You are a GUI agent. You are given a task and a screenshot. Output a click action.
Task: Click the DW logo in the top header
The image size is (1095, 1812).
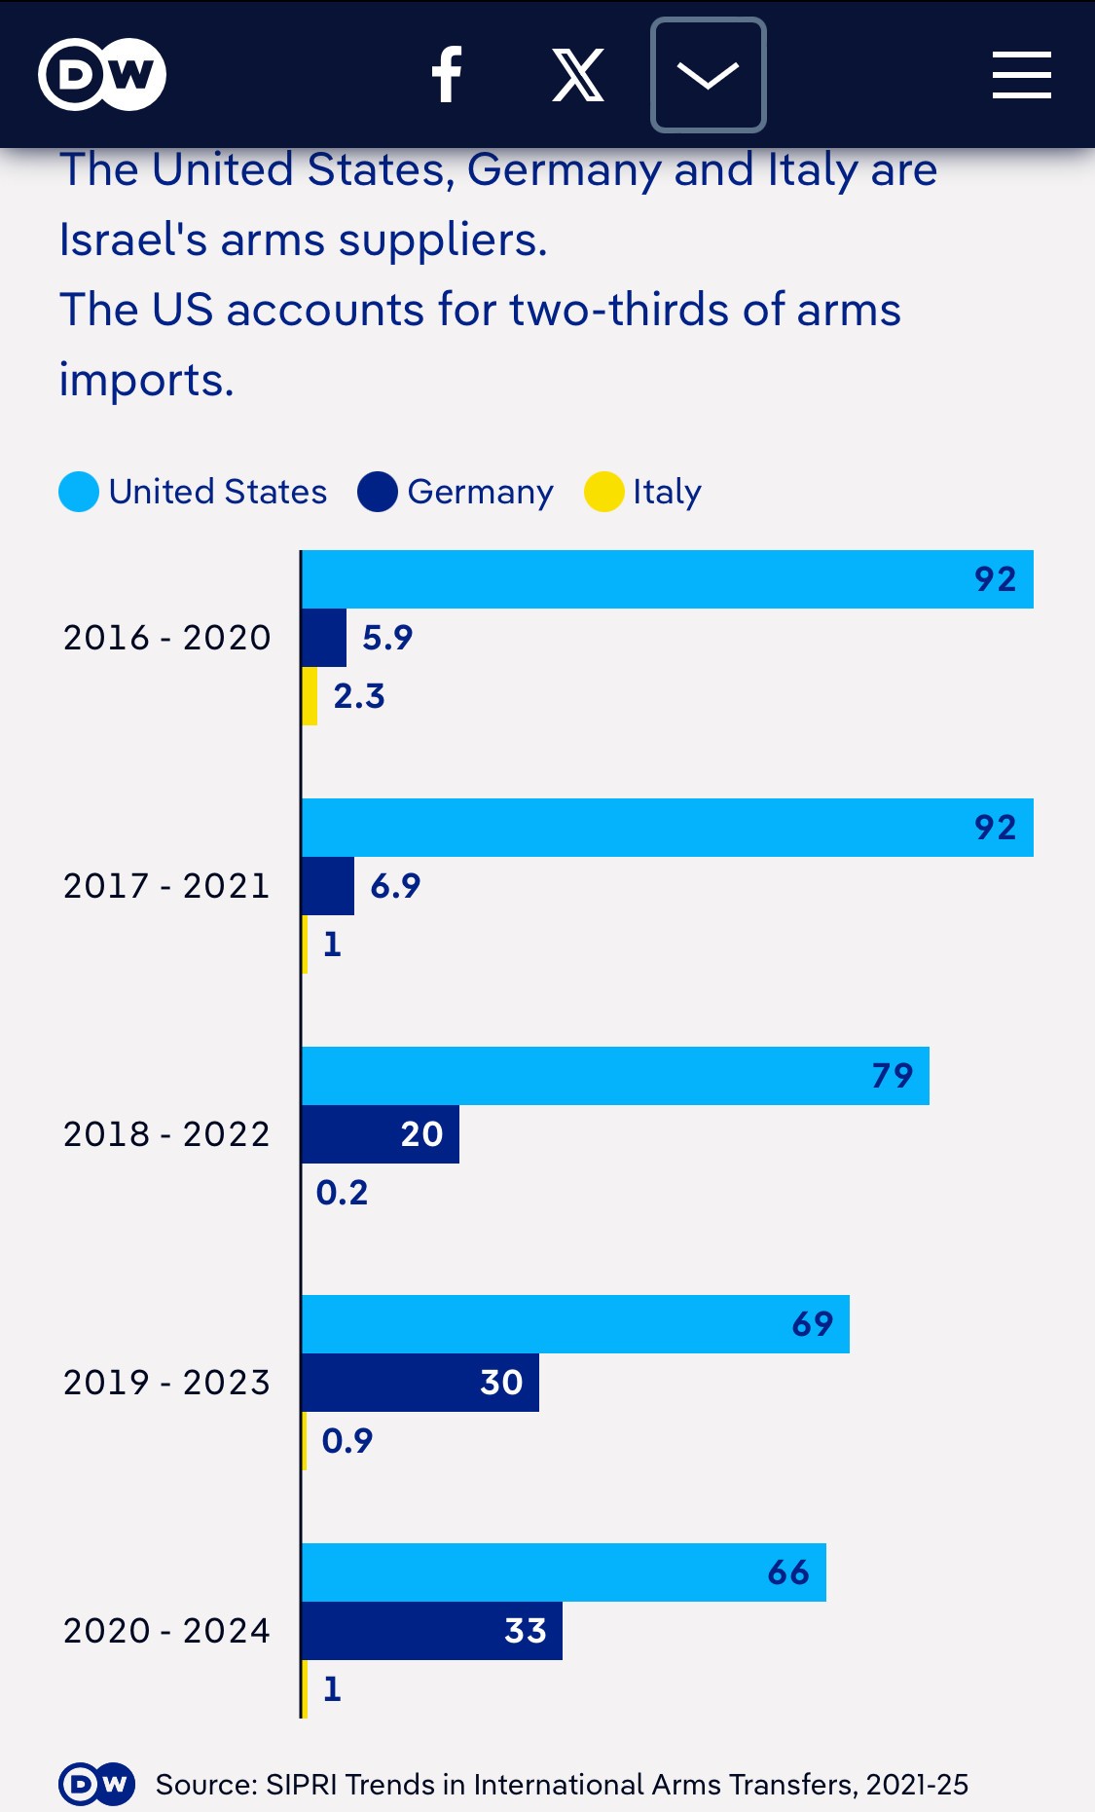click(x=102, y=74)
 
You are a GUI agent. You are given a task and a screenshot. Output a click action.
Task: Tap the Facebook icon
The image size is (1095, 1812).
click(x=447, y=75)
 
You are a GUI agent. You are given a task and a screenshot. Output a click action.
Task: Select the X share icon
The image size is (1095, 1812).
click(x=578, y=75)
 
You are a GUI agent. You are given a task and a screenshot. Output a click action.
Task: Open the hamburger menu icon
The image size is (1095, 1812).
click(x=1021, y=75)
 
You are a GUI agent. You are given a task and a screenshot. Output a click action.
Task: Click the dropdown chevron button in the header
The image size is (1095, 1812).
click(x=708, y=75)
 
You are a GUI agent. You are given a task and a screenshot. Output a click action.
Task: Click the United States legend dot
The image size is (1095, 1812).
click(x=79, y=492)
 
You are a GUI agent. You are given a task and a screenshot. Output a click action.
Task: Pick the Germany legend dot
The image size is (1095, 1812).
click(x=378, y=492)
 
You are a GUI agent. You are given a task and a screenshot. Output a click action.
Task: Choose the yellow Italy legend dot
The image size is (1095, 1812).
click(x=603, y=492)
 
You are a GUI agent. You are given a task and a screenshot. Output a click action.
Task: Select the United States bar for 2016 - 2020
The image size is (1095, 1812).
click(x=667, y=579)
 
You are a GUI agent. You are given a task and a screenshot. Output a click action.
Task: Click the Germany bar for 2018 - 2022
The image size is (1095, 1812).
click(x=380, y=1134)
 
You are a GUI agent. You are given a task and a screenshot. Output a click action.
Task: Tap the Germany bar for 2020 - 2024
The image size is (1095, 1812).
click(x=431, y=1631)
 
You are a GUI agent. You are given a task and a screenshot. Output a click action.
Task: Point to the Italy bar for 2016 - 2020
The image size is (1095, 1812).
click(x=310, y=696)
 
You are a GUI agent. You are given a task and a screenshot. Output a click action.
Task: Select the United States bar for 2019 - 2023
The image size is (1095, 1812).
click(x=574, y=1324)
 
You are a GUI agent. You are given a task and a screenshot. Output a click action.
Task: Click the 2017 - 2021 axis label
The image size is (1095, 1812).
click(x=166, y=886)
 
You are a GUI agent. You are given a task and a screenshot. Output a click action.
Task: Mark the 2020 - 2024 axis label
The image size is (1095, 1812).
click(x=166, y=1631)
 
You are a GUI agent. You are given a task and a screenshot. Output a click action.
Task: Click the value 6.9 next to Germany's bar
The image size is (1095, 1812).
click(x=395, y=886)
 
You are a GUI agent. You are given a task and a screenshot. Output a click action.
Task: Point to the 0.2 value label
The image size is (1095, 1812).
click(x=343, y=1193)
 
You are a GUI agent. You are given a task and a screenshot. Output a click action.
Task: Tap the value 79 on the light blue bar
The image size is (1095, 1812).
click(x=893, y=1076)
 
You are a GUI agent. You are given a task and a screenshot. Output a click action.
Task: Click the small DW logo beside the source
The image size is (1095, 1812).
click(x=97, y=1784)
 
